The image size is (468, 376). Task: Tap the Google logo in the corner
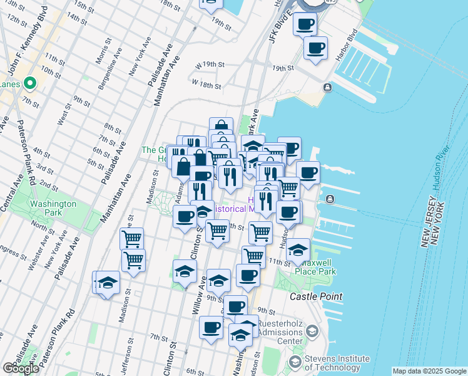[x=20, y=368]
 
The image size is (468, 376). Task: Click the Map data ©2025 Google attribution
[x=429, y=371]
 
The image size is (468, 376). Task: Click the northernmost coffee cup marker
[x=305, y=24]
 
